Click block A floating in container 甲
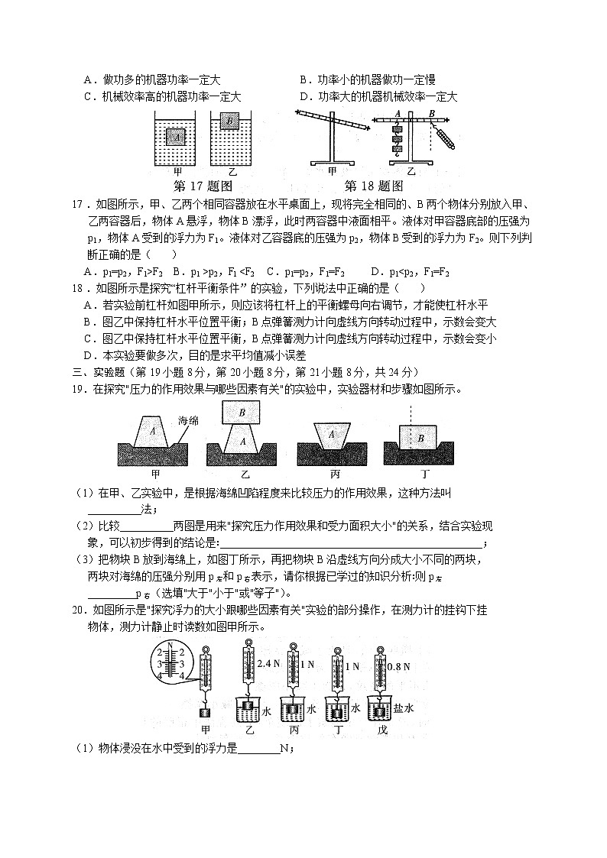pyautogui.click(x=176, y=137)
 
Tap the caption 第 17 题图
pyautogui.click(x=203, y=186)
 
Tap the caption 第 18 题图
pyautogui.click(x=374, y=186)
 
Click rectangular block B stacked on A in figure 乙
pyautogui.click(x=242, y=413)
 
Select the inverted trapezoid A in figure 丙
pyautogui.click(x=332, y=434)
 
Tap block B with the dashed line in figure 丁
pyautogui.click(x=420, y=439)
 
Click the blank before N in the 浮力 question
pyautogui.click(x=260, y=750)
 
